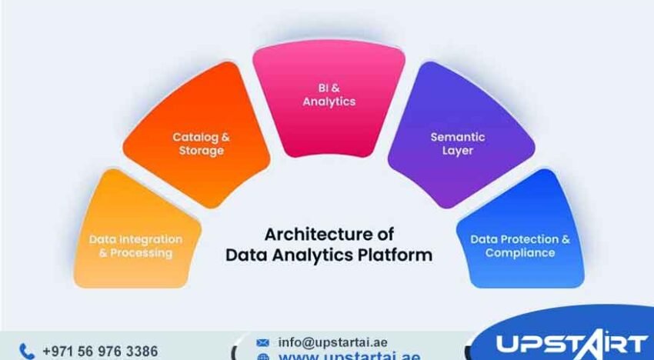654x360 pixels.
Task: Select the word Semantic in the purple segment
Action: (x=457, y=137)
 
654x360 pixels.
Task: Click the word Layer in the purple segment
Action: (x=457, y=151)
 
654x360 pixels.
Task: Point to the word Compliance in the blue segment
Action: (x=520, y=252)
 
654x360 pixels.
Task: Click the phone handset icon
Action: (x=27, y=351)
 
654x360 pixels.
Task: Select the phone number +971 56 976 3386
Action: (x=100, y=351)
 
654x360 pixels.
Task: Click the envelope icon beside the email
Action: (x=263, y=342)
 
